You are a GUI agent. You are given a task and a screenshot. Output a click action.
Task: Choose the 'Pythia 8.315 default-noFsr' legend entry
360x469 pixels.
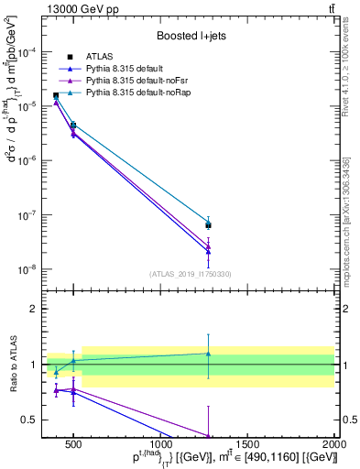[x=142, y=81]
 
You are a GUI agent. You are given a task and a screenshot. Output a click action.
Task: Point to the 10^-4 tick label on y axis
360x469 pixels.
[x=29, y=52]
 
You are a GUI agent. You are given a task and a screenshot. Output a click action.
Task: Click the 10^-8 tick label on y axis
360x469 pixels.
[x=29, y=269]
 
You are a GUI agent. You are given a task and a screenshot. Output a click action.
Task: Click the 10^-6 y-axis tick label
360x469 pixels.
[x=29, y=161]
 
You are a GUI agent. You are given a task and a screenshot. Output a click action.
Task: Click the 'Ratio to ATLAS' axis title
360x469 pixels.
[x=12, y=364]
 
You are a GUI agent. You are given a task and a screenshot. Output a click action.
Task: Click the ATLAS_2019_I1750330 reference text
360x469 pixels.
[x=190, y=274]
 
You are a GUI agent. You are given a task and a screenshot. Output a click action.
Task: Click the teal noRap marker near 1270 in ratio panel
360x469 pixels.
[x=208, y=354]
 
